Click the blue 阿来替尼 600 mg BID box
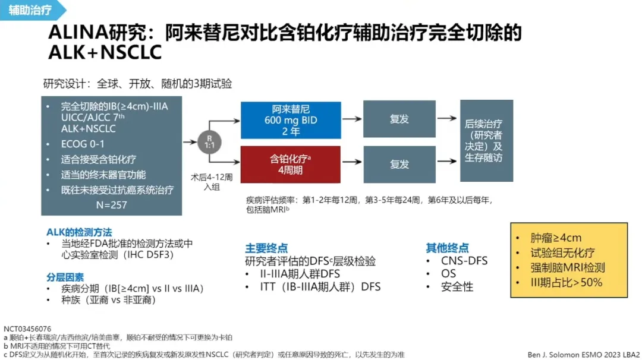point(291,121)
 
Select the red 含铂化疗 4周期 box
point(291,164)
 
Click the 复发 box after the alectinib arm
point(399,119)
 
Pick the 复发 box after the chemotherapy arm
point(399,164)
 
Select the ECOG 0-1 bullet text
point(83,144)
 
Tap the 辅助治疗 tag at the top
point(30,10)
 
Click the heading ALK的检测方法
point(79,232)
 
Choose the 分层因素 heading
point(65,277)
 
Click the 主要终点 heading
point(266,248)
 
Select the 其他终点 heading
point(447,248)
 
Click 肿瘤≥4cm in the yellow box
point(556,238)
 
